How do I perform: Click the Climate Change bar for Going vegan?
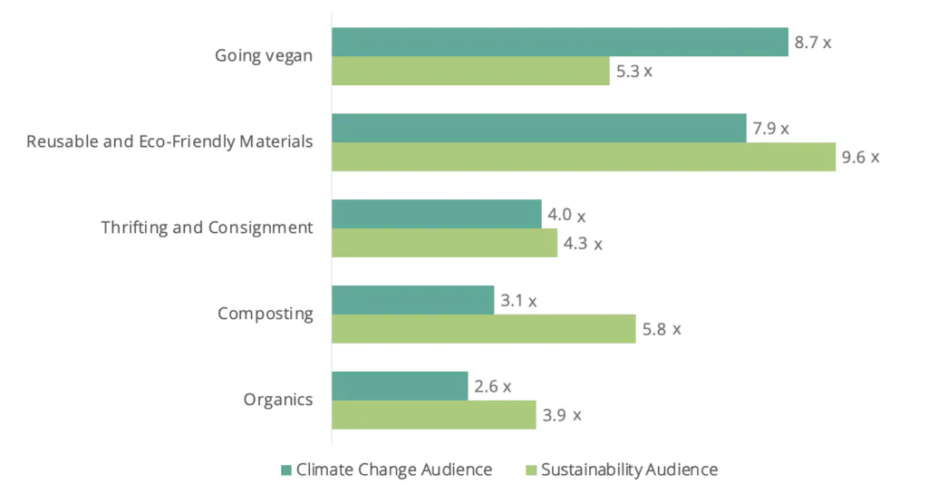559,42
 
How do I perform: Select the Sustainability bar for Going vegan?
470,71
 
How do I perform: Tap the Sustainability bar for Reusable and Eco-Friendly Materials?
583,157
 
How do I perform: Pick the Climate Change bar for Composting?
412,300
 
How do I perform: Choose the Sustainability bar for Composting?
483,329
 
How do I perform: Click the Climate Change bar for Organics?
400,386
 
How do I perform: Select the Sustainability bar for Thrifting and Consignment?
444,243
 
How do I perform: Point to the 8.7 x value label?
813,42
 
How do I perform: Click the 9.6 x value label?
860,157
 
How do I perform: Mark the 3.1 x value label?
518,301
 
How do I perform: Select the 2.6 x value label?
493,386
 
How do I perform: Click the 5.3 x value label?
634,71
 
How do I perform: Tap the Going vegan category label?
264,56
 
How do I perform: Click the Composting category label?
266,315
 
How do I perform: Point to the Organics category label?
278,400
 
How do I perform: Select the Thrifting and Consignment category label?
208,228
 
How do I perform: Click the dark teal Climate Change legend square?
286,470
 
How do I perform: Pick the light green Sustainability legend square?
531,470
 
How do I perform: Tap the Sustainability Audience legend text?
629,470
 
